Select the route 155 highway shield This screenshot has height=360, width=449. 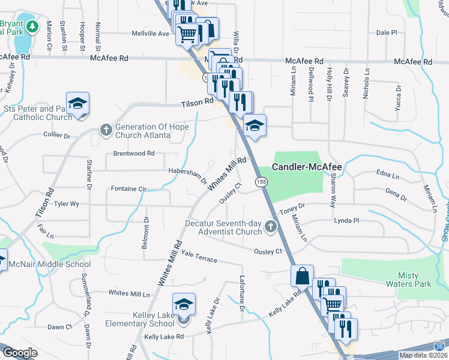261,181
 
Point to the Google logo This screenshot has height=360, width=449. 20,353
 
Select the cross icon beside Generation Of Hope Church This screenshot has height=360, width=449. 106,130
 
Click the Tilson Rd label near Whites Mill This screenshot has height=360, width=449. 197,103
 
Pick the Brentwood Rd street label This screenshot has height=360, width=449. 134,154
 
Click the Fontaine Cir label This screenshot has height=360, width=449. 128,189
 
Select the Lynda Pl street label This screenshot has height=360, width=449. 346,221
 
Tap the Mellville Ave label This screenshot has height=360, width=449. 151,34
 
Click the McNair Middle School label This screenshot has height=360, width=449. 52,264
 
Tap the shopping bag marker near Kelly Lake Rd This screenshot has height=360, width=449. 302,276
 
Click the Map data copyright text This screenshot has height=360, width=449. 423,355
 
